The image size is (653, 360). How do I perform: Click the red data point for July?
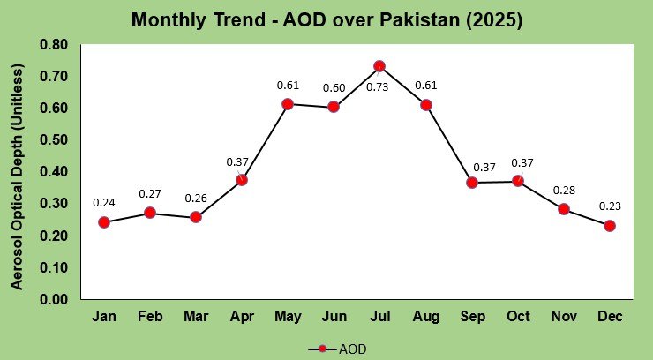click(379, 66)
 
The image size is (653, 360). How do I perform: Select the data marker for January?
click(104, 222)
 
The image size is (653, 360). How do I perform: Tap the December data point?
click(610, 226)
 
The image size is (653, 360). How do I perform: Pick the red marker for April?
click(242, 180)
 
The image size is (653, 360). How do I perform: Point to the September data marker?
click(472, 183)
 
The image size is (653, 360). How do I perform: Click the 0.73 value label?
click(379, 86)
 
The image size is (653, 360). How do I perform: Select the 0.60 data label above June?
click(334, 87)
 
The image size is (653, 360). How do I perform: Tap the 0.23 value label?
click(610, 206)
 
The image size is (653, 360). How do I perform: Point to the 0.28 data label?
click(564, 190)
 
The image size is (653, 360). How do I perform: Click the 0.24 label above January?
click(104, 203)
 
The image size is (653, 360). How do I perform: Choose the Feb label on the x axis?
click(150, 316)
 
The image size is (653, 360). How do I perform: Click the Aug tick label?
click(426, 316)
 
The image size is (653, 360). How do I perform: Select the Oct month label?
click(518, 316)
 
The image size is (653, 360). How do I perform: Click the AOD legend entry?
click(337, 349)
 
